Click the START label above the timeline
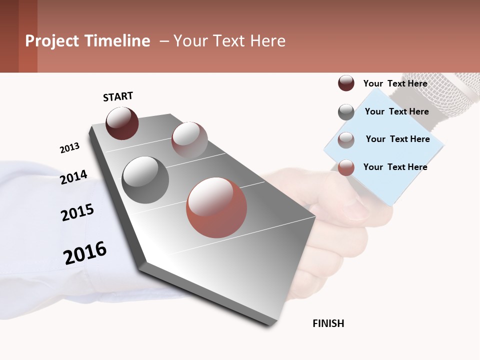tap(118, 96)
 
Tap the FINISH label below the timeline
tap(328, 323)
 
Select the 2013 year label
tap(69, 148)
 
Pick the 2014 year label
tap(73, 177)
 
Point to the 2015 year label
tap(77, 212)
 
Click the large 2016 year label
tap(85, 253)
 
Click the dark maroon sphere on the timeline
tap(122, 123)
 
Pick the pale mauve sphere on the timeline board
tap(189, 140)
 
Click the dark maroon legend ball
tap(346, 83)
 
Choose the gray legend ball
tap(346, 112)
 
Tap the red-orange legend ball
tap(346, 167)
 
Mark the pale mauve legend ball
tap(346, 140)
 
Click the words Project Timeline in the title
tap(87, 41)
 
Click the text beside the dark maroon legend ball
tap(395, 83)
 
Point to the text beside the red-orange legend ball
tap(395, 167)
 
